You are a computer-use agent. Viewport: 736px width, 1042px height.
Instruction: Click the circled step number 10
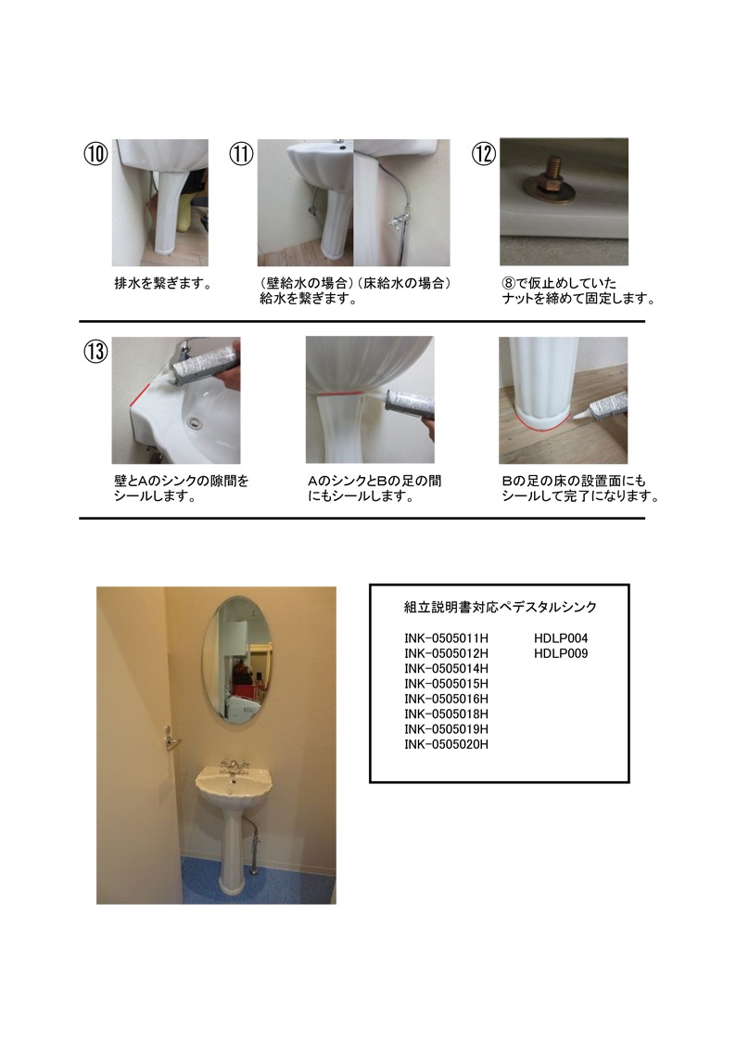point(95,154)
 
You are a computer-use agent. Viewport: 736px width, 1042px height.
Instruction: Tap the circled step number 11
point(241,154)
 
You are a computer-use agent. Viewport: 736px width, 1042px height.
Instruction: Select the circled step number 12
point(484,154)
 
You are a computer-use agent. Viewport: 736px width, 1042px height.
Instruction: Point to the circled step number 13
point(95,351)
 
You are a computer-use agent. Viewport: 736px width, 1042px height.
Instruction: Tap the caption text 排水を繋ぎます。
point(164,284)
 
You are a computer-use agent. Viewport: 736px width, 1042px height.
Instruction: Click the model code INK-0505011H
point(446,638)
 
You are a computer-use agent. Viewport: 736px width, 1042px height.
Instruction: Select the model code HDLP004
point(561,638)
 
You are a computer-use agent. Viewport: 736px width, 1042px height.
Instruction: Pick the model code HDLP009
point(561,654)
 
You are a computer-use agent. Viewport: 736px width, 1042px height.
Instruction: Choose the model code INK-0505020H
point(446,745)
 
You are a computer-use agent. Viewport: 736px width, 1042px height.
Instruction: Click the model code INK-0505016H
point(446,699)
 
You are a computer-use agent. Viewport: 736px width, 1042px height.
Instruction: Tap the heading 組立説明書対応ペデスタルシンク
point(501,607)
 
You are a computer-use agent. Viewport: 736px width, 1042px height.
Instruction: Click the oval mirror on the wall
point(236,659)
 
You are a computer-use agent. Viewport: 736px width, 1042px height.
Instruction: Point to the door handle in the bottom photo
point(171,739)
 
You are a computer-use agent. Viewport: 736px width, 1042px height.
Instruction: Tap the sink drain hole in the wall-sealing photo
point(195,421)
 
